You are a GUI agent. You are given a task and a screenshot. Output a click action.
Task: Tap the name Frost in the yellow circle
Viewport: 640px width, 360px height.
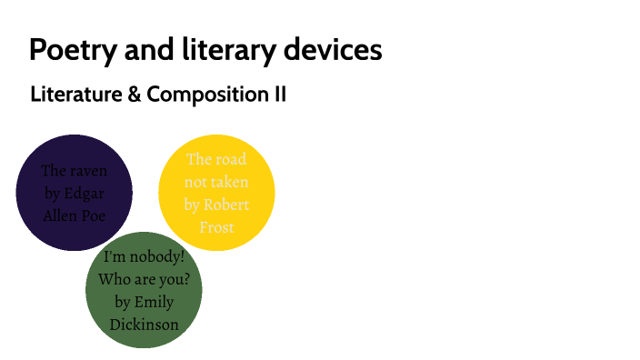click(217, 227)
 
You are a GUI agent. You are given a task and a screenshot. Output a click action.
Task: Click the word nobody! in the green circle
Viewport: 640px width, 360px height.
click(156, 257)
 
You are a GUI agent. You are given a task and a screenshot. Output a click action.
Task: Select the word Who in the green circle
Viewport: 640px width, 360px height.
click(116, 280)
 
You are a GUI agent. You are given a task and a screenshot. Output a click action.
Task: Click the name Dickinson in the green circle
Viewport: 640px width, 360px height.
click(144, 325)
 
